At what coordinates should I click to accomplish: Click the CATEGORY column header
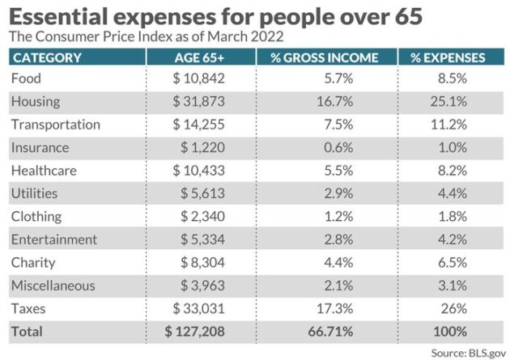point(47,57)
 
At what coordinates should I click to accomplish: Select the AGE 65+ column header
point(199,57)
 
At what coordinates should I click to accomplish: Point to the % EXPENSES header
point(448,57)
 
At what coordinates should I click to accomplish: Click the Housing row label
point(36,102)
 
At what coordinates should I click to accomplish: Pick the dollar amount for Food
point(198,78)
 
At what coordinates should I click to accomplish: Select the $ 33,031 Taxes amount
point(198,308)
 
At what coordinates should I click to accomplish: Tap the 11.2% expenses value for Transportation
point(449,125)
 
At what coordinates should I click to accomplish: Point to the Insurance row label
point(40,148)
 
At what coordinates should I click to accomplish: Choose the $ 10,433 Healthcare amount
point(198,171)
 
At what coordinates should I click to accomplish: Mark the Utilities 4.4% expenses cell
point(451,193)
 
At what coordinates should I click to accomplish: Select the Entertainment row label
point(54,239)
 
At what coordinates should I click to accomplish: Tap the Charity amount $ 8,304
point(202,262)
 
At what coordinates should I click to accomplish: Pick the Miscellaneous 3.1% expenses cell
point(451,286)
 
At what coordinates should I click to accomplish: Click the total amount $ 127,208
point(194,331)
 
